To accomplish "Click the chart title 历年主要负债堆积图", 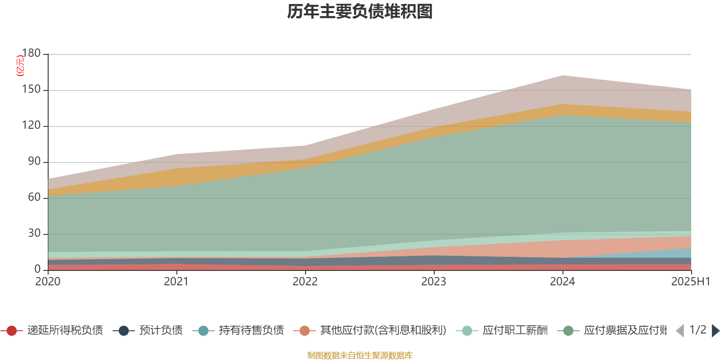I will (x=360, y=12).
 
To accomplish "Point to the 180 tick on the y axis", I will (x=31, y=53).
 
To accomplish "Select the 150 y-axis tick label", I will (x=31, y=90).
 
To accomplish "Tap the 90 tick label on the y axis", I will (x=34, y=162).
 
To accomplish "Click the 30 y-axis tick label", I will (x=34, y=234).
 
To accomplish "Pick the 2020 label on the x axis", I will (x=48, y=282).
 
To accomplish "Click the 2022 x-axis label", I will (x=305, y=282).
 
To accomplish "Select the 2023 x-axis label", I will (x=434, y=282).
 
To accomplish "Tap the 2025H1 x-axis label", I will (x=690, y=282).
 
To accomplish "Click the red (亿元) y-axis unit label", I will (x=20, y=66).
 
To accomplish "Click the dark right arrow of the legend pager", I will (x=715, y=331).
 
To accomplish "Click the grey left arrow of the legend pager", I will (x=680, y=331).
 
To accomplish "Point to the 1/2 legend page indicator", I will (x=697, y=330).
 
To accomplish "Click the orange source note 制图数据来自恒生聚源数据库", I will (x=360, y=355).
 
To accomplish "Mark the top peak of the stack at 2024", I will (x=562, y=75).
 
